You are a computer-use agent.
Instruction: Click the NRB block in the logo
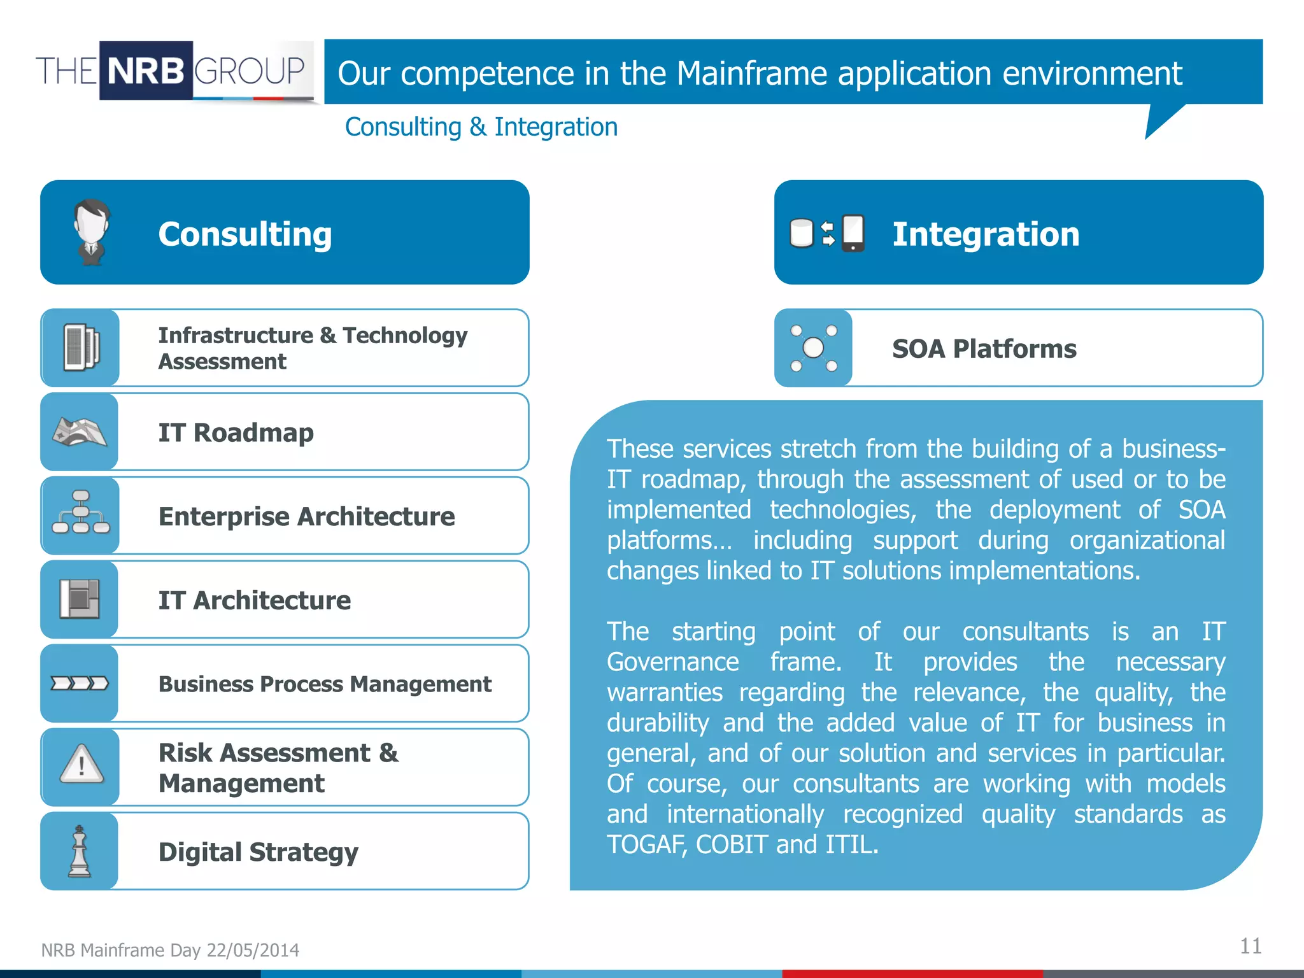(146, 71)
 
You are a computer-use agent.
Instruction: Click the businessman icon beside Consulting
(92, 232)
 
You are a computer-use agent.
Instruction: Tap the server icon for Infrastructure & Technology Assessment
(81, 348)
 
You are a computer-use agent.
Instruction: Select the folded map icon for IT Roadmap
(80, 432)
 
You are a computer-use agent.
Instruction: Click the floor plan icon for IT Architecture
(80, 599)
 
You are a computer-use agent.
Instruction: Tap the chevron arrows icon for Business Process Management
(80, 683)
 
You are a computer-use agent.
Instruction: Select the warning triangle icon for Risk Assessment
(81, 765)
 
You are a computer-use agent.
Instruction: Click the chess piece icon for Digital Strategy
(79, 851)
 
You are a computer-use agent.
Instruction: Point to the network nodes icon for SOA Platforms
(813, 348)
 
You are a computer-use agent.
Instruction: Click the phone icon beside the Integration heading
(853, 233)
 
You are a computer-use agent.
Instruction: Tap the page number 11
(1251, 946)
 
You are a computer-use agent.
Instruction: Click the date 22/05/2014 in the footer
(253, 950)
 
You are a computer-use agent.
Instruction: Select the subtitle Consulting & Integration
(481, 127)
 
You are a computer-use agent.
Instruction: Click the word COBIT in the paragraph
(732, 845)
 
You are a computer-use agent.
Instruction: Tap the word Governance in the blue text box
(672, 662)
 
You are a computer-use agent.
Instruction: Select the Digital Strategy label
(258, 852)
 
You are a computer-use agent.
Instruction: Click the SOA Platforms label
(984, 349)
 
